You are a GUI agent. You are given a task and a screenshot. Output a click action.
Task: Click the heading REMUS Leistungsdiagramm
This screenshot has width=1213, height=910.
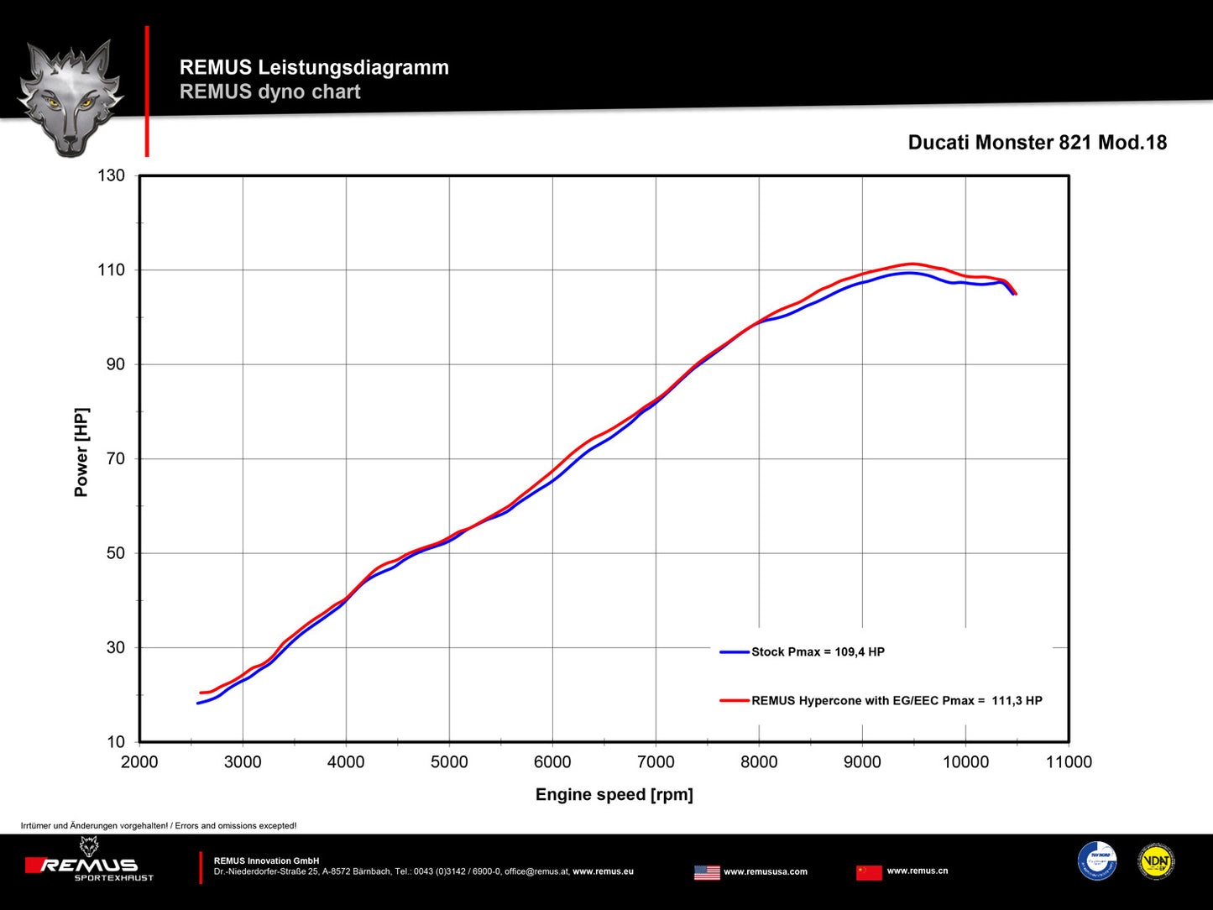pos(314,67)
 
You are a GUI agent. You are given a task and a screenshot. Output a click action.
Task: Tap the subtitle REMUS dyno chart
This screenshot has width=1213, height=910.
pos(269,92)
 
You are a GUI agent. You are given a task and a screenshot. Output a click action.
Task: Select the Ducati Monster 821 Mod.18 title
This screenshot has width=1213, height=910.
pos(1038,143)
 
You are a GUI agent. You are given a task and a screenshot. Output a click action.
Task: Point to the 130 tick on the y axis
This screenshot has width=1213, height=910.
pos(111,175)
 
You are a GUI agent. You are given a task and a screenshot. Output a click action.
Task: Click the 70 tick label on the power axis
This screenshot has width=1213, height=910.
pos(116,458)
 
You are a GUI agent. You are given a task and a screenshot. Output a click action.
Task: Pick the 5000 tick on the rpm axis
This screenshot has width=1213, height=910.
pos(449,762)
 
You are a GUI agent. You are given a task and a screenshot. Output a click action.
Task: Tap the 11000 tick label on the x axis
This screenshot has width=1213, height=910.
pos(1069,762)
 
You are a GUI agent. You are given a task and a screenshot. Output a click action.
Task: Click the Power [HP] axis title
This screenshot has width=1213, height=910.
pos(81,452)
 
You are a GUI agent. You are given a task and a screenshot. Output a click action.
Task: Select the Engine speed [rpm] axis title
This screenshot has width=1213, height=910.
pos(614,794)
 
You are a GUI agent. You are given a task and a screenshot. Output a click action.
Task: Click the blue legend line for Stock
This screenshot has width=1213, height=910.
pos(735,652)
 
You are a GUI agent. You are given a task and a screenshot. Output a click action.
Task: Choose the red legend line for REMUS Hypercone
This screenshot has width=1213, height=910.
pos(735,701)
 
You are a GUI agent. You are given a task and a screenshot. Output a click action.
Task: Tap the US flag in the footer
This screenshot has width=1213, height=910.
pos(707,872)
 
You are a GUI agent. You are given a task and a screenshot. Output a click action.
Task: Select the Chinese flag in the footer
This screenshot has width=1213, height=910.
pos(869,872)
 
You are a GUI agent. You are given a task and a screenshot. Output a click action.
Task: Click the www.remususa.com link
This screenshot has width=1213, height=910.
pos(766,872)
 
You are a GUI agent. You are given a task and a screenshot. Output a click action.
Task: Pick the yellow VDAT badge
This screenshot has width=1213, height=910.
pos(1156,861)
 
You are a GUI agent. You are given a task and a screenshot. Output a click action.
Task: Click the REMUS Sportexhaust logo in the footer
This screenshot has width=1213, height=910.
pos(90,860)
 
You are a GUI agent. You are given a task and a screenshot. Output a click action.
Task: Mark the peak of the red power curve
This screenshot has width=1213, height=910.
pos(912,264)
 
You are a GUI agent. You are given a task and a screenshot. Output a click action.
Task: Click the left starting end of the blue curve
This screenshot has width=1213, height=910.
pos(198,703)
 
